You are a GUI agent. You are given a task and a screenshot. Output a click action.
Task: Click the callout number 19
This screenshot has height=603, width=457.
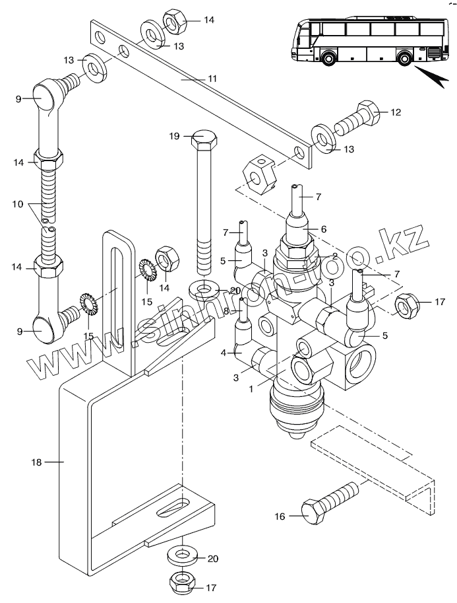pos(174,136)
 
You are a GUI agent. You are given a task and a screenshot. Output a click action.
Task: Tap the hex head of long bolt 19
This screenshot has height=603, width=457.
pos(204,141)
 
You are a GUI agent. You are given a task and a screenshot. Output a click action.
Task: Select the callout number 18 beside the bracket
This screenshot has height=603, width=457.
pos(36,462)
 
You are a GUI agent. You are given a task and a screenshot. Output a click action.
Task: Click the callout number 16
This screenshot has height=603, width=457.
pos(280,516)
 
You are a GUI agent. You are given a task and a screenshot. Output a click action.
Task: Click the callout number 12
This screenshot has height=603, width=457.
pos(396,112)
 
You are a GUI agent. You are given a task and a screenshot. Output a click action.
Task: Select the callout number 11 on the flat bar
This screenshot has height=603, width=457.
pos(212,79)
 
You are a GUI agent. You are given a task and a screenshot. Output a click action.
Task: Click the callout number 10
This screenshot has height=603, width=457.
pos(18,204)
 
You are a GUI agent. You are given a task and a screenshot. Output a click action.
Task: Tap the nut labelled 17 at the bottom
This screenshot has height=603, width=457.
pos(181,584)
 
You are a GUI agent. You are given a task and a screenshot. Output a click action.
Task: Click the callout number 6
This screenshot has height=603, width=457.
pos(324,229)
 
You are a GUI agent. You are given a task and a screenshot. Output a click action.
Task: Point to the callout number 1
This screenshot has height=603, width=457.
pos(251,389)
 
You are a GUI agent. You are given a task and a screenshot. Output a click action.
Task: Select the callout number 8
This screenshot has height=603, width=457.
pos(226,310)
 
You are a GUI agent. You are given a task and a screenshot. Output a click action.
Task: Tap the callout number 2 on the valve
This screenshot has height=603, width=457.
pos(335,256)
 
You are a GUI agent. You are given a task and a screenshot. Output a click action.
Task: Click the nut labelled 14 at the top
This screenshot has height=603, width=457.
pos(175,22)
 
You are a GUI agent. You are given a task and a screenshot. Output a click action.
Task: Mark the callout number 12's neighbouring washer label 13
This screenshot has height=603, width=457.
pos(349,149)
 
